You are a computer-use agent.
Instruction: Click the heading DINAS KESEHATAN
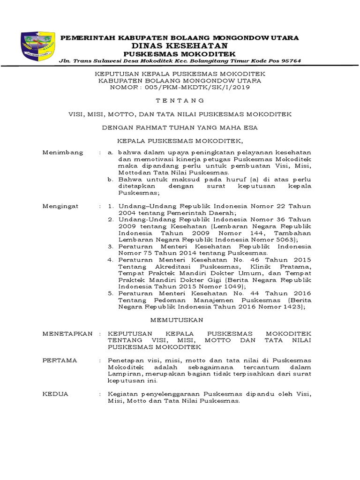tap(180, 45)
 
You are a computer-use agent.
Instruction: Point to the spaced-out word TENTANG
tap(180, 100)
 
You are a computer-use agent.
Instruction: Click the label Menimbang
tap(63, 153)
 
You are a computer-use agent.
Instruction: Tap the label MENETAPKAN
tap(67, 333)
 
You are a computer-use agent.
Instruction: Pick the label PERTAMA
tap(60, 360)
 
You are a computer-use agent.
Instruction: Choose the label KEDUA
tap(55, 394)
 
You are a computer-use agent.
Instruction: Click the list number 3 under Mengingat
tap(110, 246)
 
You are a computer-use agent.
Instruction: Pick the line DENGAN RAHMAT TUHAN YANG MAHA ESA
tap(180, 127)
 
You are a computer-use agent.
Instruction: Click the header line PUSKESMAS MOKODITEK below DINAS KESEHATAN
tap(180, 54)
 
